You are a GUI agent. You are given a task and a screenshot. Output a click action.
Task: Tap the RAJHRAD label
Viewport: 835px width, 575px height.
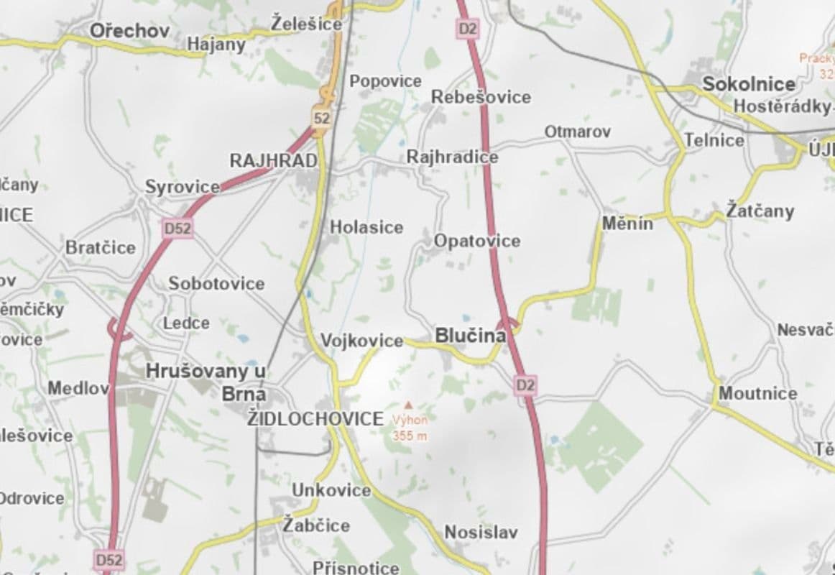pyautogui.click(x=273, y=161)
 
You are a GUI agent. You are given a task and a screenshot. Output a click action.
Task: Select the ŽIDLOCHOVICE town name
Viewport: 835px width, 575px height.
pyautogui.click(x=315, y=419)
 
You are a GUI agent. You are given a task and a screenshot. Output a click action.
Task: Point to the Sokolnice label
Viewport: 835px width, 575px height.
pyautogui.click(x=749, y=84)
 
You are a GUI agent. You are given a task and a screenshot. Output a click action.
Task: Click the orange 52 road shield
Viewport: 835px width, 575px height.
pyautogui.click(x=321, y=118)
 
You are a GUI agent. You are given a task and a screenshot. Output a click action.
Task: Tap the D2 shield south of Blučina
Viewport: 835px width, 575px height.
pyautogui.click(x=526, y=385)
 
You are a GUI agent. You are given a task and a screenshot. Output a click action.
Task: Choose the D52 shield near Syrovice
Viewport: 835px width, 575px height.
pyautogui.click(x=177, y=229)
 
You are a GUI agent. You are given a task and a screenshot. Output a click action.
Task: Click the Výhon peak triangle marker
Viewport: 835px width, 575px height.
pyautogui.click(x=409, y=405)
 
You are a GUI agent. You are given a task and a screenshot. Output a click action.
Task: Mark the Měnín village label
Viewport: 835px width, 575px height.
pyautogui.click(x=627, y=224)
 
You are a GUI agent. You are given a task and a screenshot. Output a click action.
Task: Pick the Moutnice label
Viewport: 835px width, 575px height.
pyautogui.click(x=758, y=393)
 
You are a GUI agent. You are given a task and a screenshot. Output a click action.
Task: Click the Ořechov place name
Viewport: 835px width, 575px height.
pyautogui.click(x=129, y=31)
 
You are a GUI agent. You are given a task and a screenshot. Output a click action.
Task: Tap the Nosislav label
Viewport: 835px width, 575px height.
pyautogui.click(x=481, y=533)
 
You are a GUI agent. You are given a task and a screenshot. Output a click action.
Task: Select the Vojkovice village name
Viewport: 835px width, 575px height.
pyautogui.click(x=361, y=341)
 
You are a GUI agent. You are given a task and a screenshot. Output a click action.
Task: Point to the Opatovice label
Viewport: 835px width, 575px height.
pyautogui.click(x=477, y=241)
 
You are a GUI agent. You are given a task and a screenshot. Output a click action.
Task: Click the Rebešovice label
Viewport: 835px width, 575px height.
pyautogui.click(x=481, y=97)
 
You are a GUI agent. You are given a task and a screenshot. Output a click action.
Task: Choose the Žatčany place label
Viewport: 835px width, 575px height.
pyautogui.click(x=760, y=211)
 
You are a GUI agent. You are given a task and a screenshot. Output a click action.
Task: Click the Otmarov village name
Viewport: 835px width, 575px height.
pyautogui.click(x=577, y=132)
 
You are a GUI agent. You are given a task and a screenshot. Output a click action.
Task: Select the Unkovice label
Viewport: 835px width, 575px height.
pyautogui.click(x=331, y=490)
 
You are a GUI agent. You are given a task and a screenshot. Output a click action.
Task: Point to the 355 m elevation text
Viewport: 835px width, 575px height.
pyautogui.click(x=410, y=436)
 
